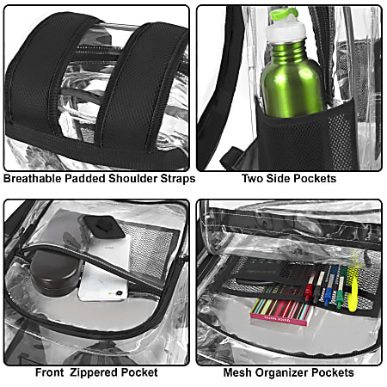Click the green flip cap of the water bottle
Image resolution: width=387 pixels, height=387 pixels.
[x=285, y=14]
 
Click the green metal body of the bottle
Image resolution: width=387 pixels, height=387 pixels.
[x=292, y=80]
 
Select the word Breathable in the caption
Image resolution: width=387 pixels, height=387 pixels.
[x=33, y=178]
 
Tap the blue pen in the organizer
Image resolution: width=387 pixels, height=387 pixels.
[x=329, y=286]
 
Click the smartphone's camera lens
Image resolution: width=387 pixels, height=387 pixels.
[x=120, y=293]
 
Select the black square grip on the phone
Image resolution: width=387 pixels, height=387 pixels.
[x=104, y=227]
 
